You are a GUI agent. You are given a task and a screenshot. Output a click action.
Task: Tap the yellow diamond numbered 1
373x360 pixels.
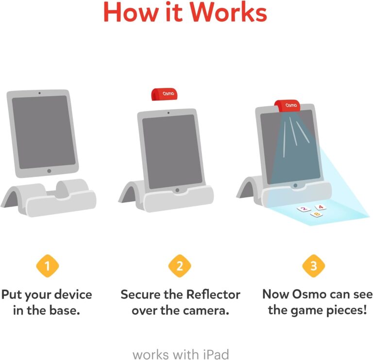[x=47, y=266]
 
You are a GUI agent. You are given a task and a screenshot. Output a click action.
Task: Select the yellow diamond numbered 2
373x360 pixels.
[x=180, y=266]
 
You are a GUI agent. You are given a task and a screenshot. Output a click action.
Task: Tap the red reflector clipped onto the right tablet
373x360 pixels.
[x=289, y=105]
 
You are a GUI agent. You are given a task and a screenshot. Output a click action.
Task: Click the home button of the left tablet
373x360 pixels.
[x=49, y=171]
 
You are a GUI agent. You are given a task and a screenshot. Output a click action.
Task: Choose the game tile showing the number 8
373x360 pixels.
[x=318, y=214]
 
